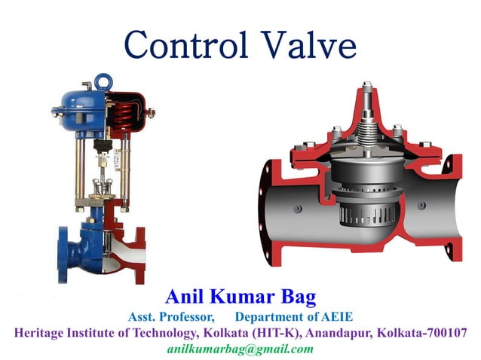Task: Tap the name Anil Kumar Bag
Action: pyautogui.click(x=239, y=295)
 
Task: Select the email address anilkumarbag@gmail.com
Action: pyautogui.click(x=240, y=349)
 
